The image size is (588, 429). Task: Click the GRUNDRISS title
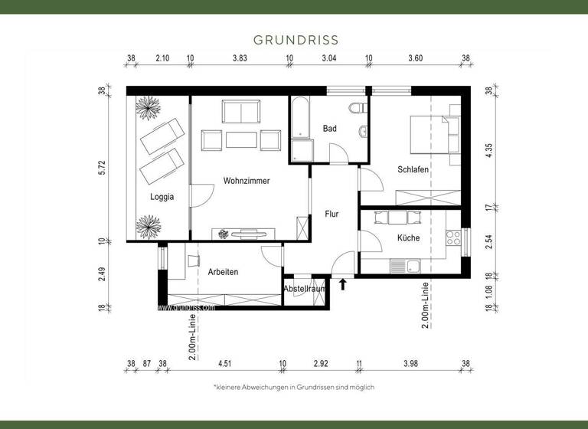[295, 39]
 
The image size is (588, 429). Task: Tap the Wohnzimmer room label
[247, 181]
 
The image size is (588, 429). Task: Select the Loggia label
[162, 197]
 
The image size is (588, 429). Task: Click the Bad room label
[329, 129]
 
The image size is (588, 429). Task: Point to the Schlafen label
[413, 169]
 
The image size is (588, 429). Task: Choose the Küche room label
[408, 237]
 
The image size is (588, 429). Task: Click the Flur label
[332, 215]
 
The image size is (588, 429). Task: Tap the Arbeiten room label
[223, 272]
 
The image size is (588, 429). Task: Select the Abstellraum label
[305, 289]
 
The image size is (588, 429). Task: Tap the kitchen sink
[406, 267]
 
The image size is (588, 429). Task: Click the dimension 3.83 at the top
[240, 58]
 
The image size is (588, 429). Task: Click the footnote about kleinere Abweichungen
[294, 388]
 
